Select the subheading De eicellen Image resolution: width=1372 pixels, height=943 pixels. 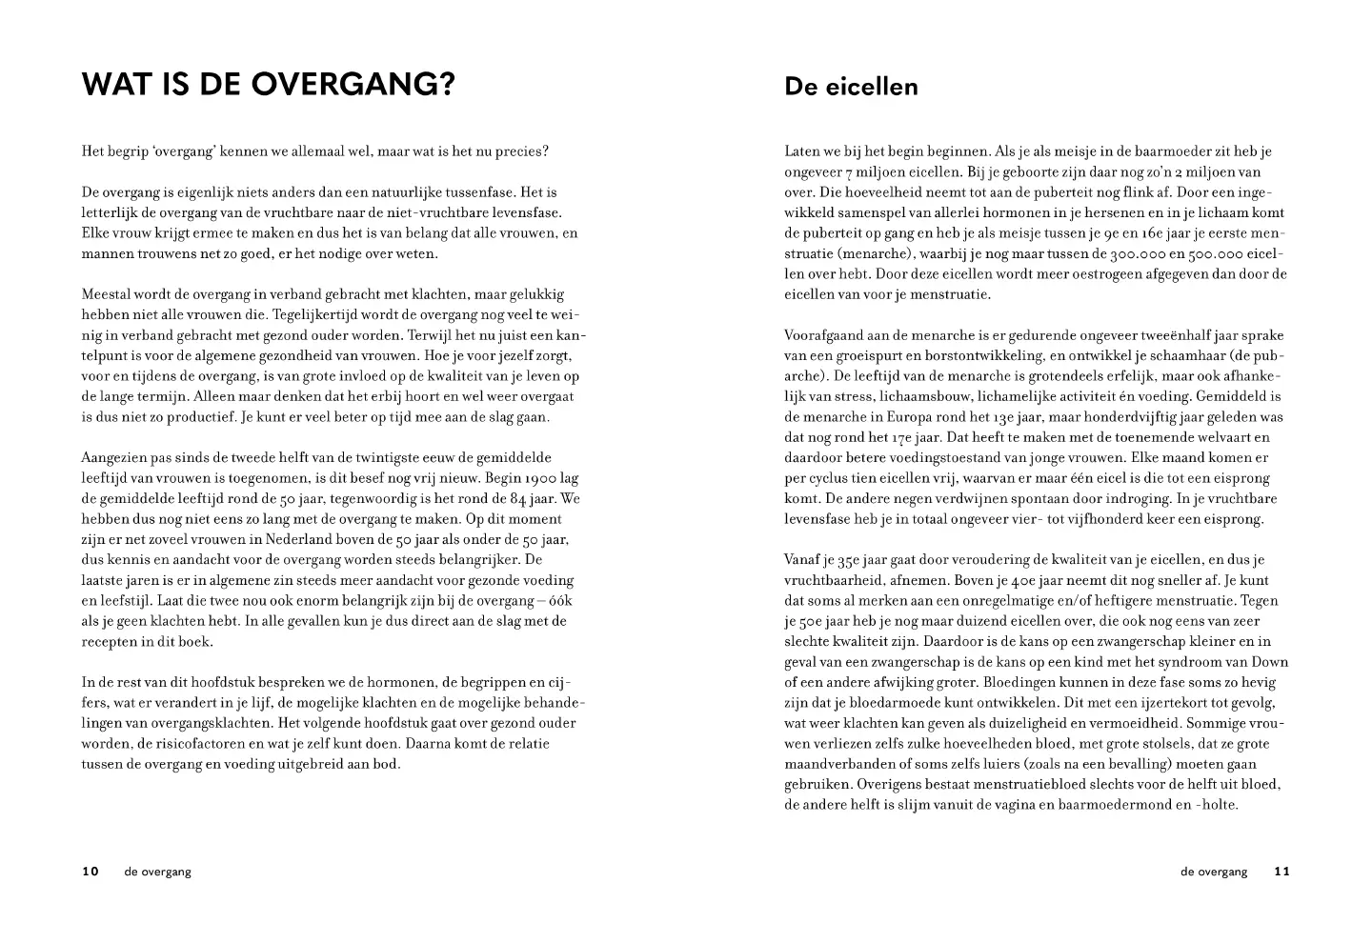coord(851,87)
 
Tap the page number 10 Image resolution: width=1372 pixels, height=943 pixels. coord(91,871)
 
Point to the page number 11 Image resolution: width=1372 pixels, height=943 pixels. coord(1281,871)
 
